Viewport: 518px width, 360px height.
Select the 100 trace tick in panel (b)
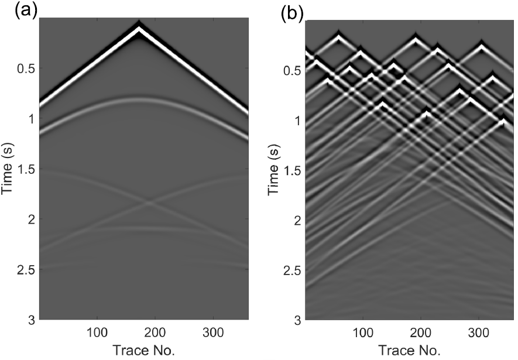pyautogui.click(x=363, y=332)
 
